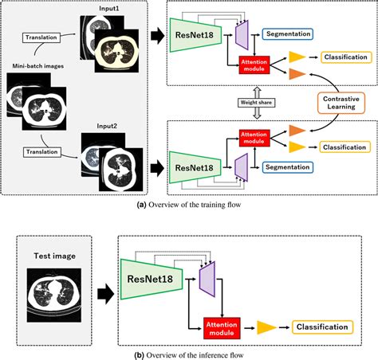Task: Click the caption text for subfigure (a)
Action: pyautogui.click(x=188, y=205)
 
